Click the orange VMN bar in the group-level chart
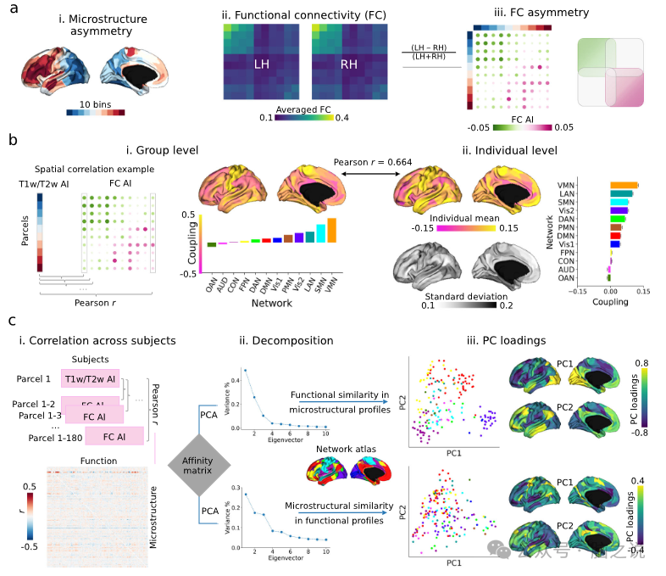pos(331,230)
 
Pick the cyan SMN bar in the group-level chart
pos(320,233)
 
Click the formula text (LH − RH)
pos(429,48)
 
